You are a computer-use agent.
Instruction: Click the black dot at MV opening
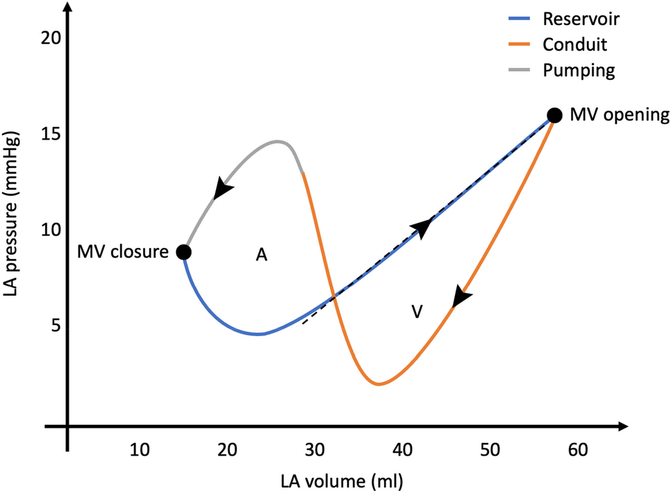[x=554, y=115]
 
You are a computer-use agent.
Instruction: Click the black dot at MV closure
[x=183, y=251]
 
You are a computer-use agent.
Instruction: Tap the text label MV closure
[x=123, y=251]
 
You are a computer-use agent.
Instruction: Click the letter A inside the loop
[x=261, y=256]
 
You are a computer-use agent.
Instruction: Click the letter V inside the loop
[x=417, y=311]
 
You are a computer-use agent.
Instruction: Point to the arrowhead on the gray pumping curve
[x=222, y=188]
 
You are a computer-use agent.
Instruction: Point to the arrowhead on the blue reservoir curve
[x=422, y=227]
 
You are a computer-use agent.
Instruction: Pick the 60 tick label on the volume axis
[x=576, y=451]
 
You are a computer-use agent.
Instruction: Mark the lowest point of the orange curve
[x=378, y=384]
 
